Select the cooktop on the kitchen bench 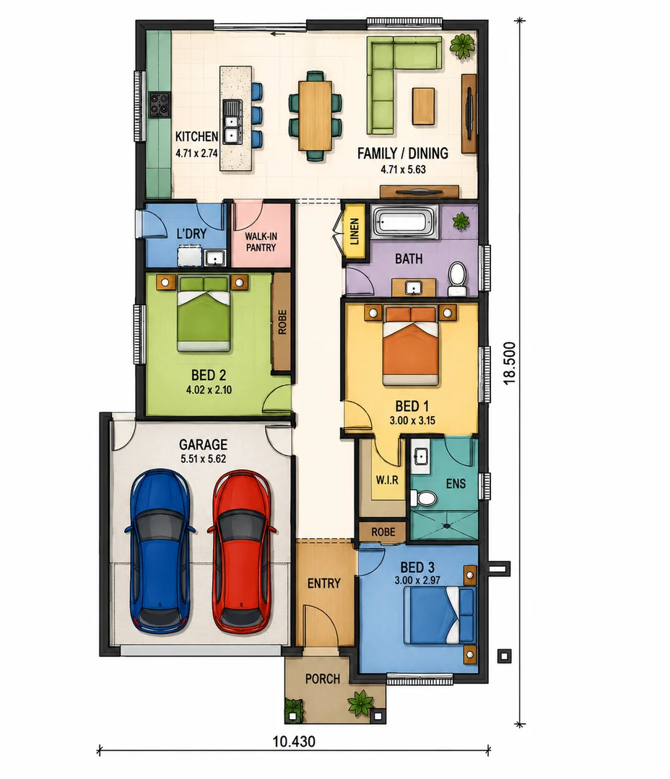[x=160, y=105]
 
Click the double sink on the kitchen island [x=232, y=122]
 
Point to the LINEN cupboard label [x=354, y=232]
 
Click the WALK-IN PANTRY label [x=261, y=242]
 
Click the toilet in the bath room [x=457, y=279]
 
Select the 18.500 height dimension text [x=509, y=363]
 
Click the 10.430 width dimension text [x=294, y=741]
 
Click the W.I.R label [x=387, y=480]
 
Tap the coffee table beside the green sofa [x=423, y=106]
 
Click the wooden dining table [x=315, y=115]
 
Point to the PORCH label [x=323, y=679]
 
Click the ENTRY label [x=323, y=584]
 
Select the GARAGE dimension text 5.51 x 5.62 [x=204, y=459]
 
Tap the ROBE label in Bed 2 [x=282, y=322]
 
